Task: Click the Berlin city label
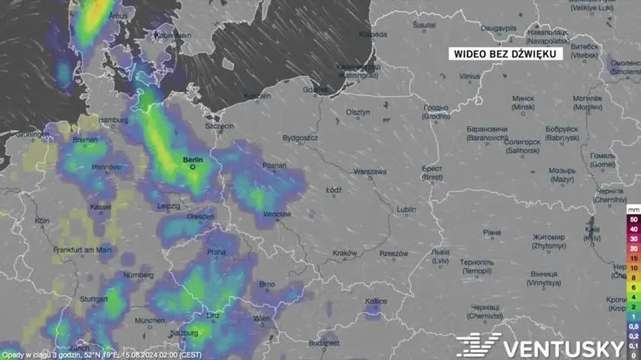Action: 192,160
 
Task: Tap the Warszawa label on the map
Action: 370,171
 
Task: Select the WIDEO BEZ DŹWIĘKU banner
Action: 505,54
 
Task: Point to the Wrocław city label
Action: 277,214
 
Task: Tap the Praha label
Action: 216,252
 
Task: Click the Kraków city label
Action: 345,253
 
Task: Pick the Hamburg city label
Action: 113,120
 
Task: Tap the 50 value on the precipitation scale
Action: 633,220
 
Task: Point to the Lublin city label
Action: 406,209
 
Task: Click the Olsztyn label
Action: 358,112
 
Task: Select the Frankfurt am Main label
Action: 83,249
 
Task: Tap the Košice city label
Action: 376,301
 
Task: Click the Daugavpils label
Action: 498,28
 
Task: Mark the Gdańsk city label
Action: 315,90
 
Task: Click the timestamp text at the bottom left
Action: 101,354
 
